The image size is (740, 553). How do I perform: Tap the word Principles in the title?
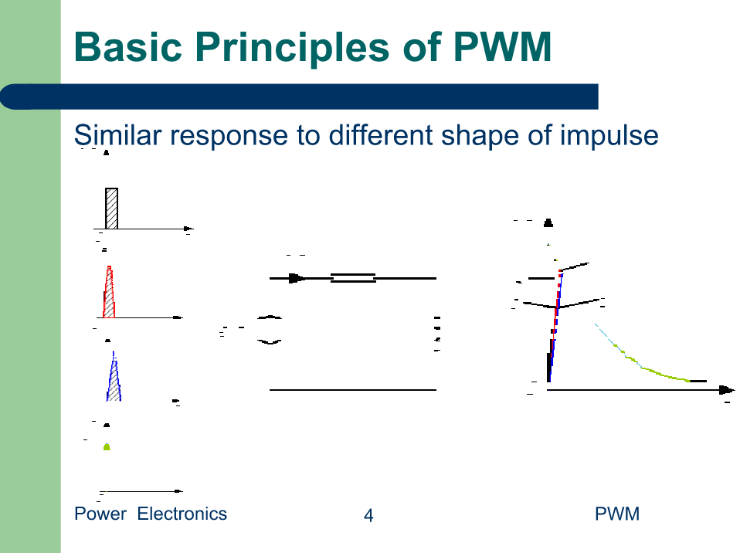coord(292,49)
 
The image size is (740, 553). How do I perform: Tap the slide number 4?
coord(368,515)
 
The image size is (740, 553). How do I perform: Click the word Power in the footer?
coord(100,514)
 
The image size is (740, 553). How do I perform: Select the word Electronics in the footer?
coord(182,514)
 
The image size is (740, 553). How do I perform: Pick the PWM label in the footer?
coord(617,514)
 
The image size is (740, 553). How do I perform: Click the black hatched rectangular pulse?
coord(111,209)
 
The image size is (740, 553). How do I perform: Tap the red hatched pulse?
coord(109,293)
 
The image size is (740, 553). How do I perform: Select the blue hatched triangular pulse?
coord(114,378)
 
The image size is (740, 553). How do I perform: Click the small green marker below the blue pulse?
coord(107,446)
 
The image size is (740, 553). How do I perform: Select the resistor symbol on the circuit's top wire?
coord(353,278)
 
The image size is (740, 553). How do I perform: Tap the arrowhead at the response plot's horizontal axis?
coord(727,390)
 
